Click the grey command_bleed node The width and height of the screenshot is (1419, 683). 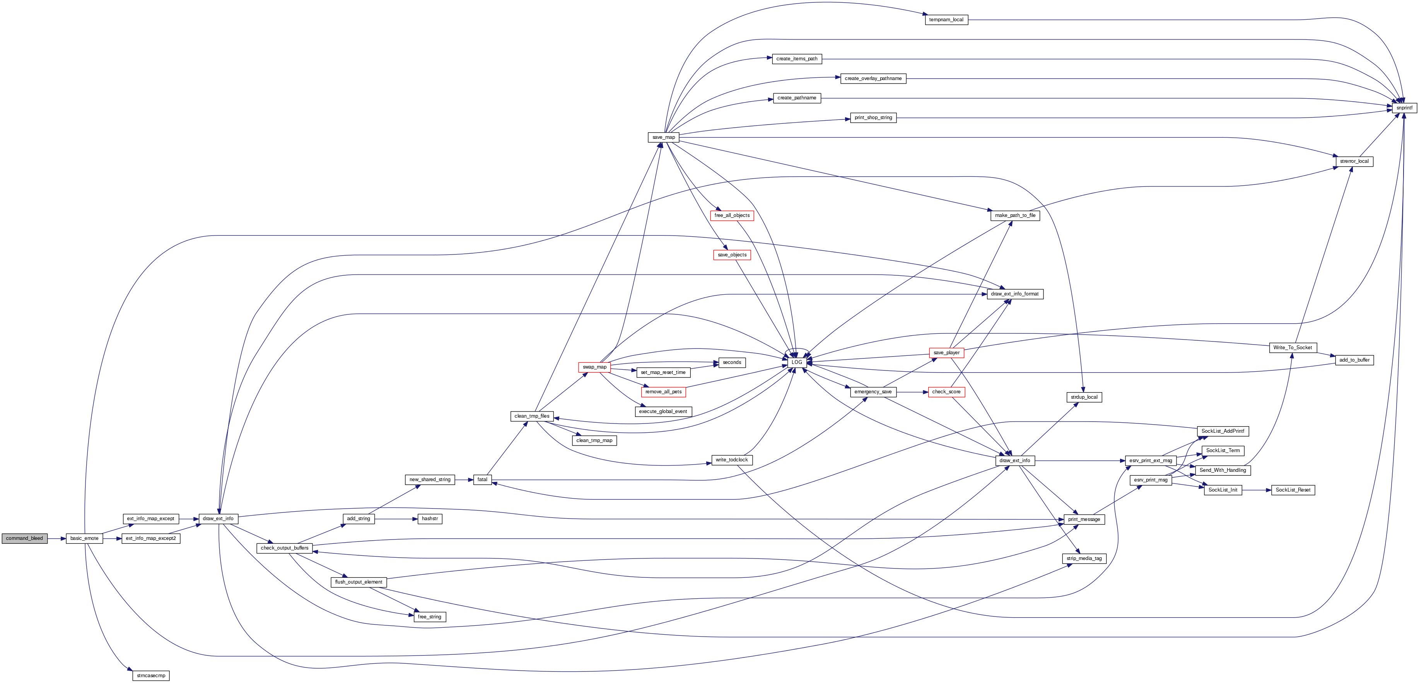click(24, 538)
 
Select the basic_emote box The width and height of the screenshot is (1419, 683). click(84, 538)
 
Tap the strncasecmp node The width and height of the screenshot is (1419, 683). click(150, 675)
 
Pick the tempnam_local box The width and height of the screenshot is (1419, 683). click(946, 20)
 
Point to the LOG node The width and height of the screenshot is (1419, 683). click(797, 362)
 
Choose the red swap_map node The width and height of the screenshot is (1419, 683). click(594, 367)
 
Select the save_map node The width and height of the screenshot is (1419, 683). click(663, 137)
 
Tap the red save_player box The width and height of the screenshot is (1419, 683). click(946, 352)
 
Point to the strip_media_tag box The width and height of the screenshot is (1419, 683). click(1084, 558)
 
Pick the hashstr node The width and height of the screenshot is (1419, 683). click(429, 519)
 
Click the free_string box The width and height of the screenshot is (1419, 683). click(429, 617)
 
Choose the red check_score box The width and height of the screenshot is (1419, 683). click(946, 392)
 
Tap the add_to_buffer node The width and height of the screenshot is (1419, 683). click(1354, 360)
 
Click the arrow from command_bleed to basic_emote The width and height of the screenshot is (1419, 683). click(57, 538)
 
